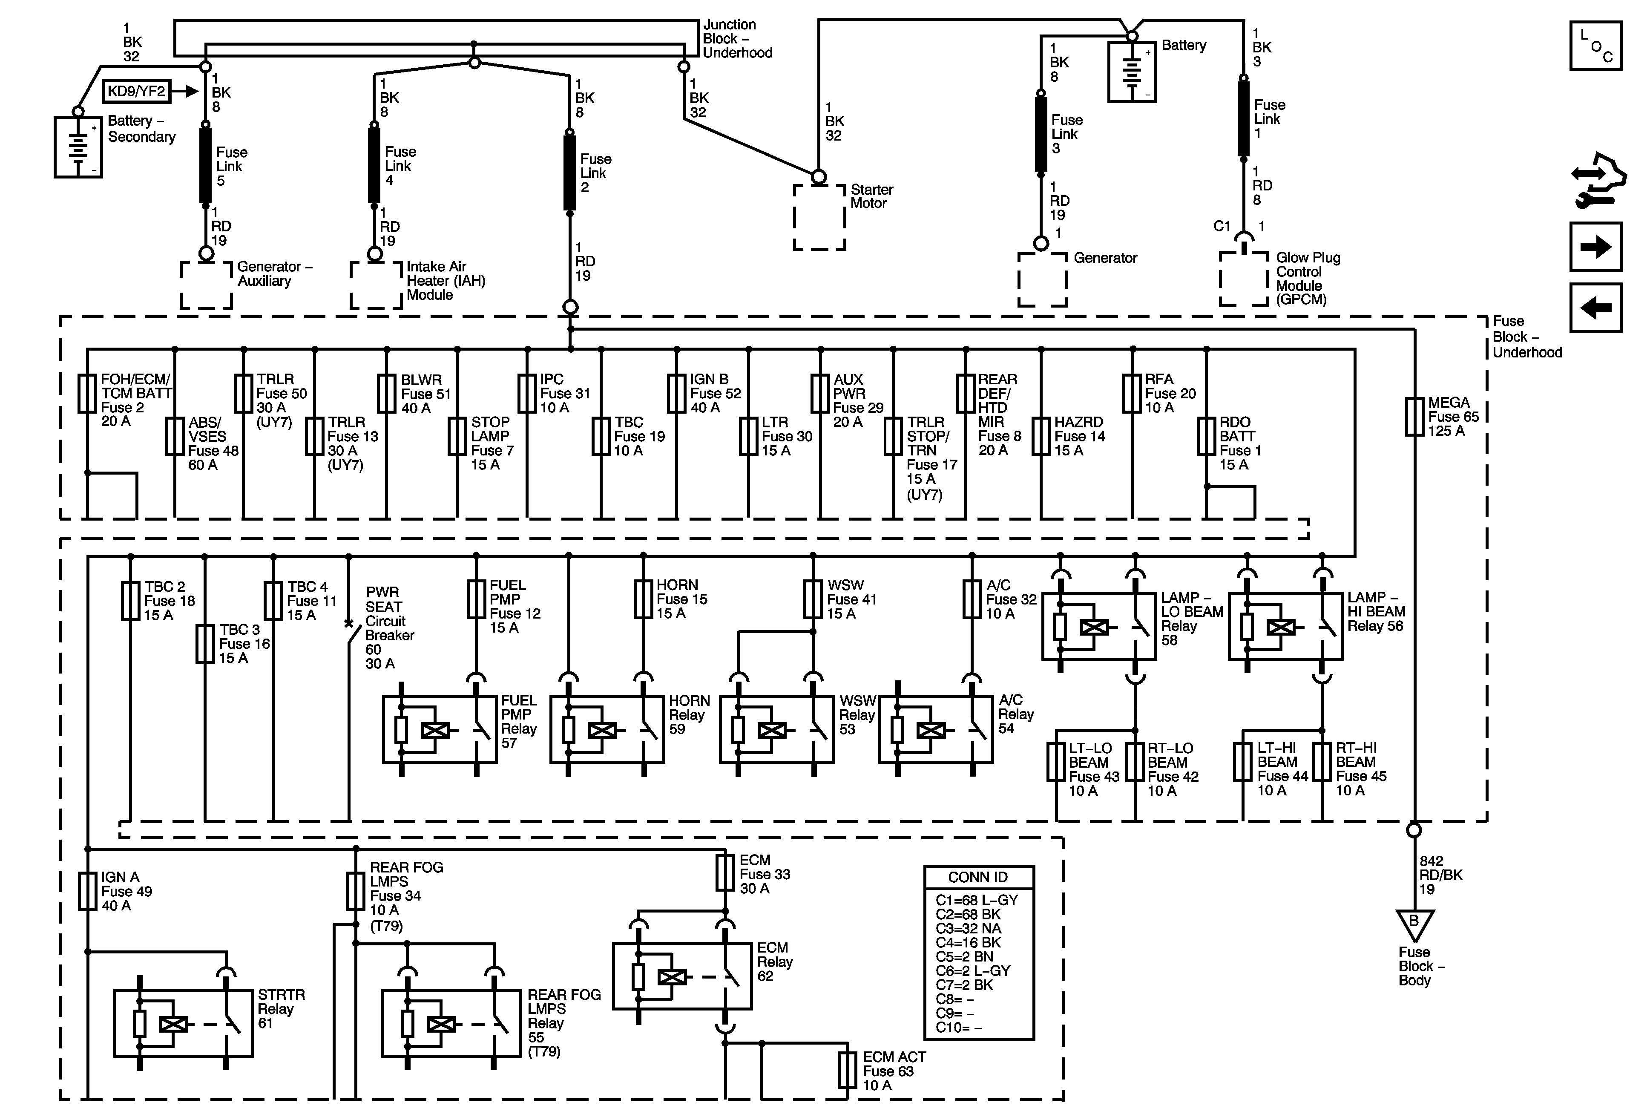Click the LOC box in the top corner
1595,46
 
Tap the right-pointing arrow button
1595,247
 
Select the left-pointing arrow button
1595,308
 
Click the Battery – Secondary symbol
78,147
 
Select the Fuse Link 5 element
205,165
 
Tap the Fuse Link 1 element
1243,118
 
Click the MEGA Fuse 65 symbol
1414,416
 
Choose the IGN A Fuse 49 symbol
87,891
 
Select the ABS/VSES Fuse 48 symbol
175,436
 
